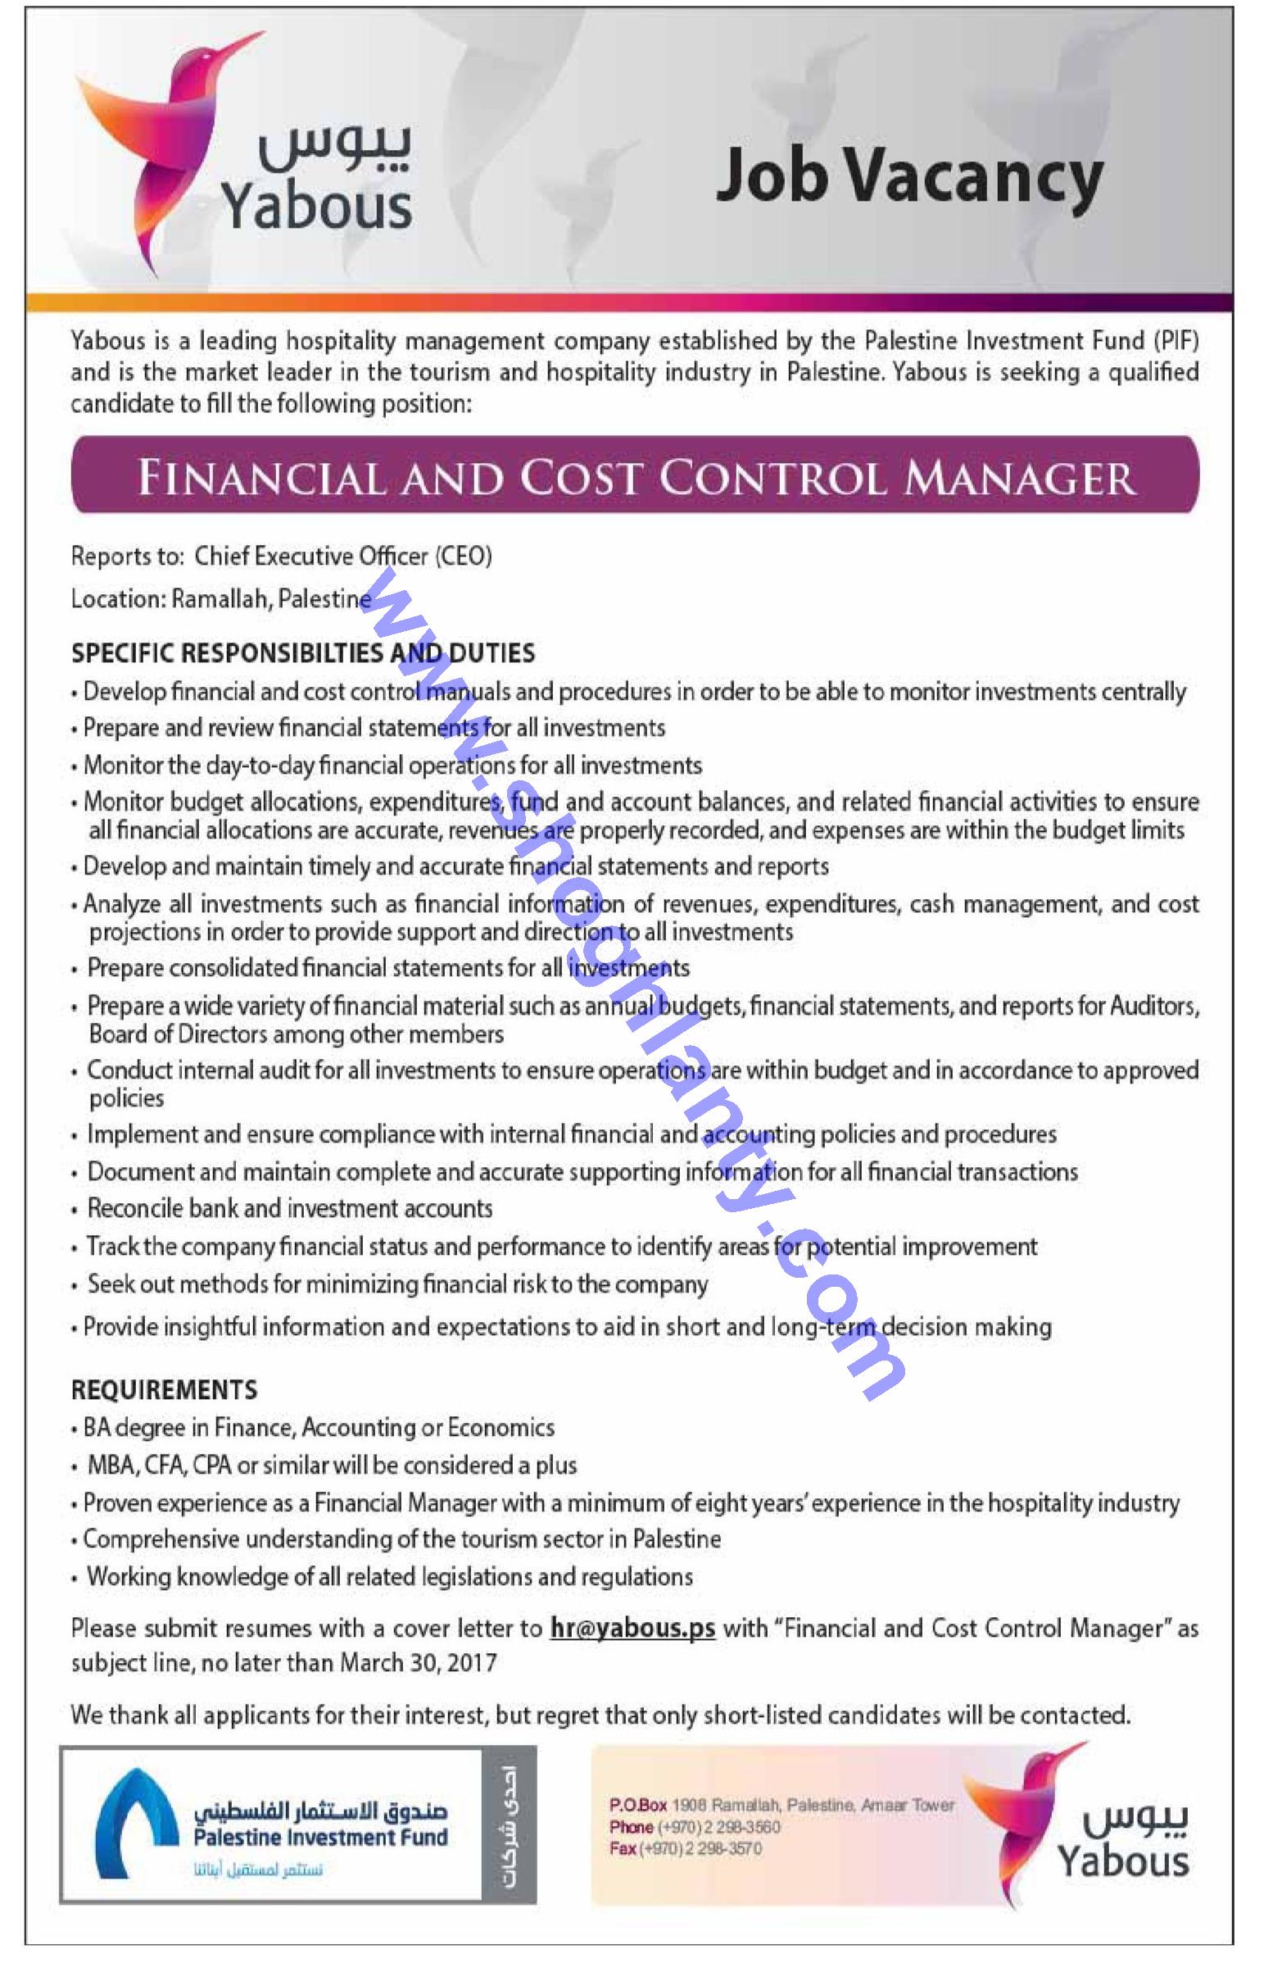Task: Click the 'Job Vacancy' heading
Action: pyautogui.click(x=908, y=179)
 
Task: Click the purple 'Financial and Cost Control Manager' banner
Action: pyautogui.click(x=636, y=477)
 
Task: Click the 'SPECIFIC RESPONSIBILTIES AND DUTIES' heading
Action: pyautogui.click(x=303, y=653)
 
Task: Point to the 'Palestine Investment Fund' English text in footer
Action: pyautogui.click(x=321, y=1837)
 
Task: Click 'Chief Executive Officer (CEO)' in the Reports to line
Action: pyautogui.click(x=342, y=557)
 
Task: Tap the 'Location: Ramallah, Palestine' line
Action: pyautogui.click(x=222, y=599)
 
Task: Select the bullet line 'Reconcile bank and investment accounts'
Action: pyautogui.click(x=290, y=1208)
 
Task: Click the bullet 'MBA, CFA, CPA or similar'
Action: pyautogui.click(x=332, y=1465)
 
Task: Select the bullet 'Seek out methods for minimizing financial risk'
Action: pyautogui.click(x=397, y=1284)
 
